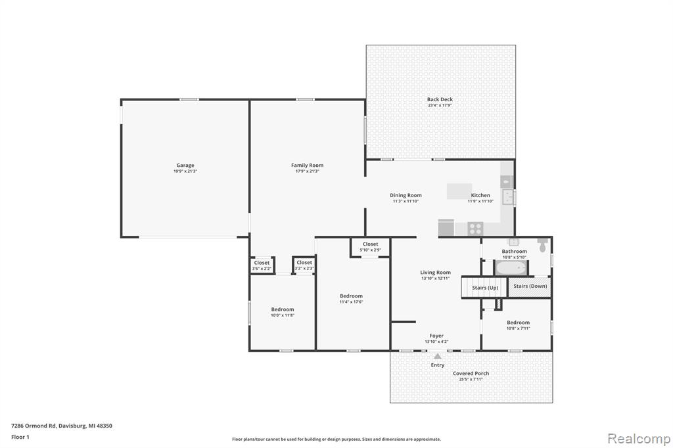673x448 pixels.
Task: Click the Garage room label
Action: (x=185, y=166)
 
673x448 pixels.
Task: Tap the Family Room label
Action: (x=308, y=166)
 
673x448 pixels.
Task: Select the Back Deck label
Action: (x=440, y=99)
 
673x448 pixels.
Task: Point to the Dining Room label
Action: (x=406, y=195)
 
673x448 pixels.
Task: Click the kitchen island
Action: (x=459, y=191)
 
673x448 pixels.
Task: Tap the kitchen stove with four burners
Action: (x=475, y=229)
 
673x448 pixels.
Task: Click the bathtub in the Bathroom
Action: (x=511, y=268)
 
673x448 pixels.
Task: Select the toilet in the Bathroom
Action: (x=542, y=246)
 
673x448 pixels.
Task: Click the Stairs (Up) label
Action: (x=485, y=288)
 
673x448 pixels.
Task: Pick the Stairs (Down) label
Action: (x=530, y=286)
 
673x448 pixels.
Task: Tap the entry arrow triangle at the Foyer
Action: (x=437, y=356)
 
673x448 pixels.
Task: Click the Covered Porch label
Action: (x=471, y=373)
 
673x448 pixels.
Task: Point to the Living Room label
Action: (x=435, y=273)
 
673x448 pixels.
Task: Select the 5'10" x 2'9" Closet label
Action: (x=371, y=247)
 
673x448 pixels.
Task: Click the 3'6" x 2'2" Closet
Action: (x=262, y=265)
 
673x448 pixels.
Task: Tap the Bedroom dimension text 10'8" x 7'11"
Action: (x=518, y=328)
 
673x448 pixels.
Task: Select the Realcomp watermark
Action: (x=639, y=439)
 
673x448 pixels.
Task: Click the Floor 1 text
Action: (x=20, y=437)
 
